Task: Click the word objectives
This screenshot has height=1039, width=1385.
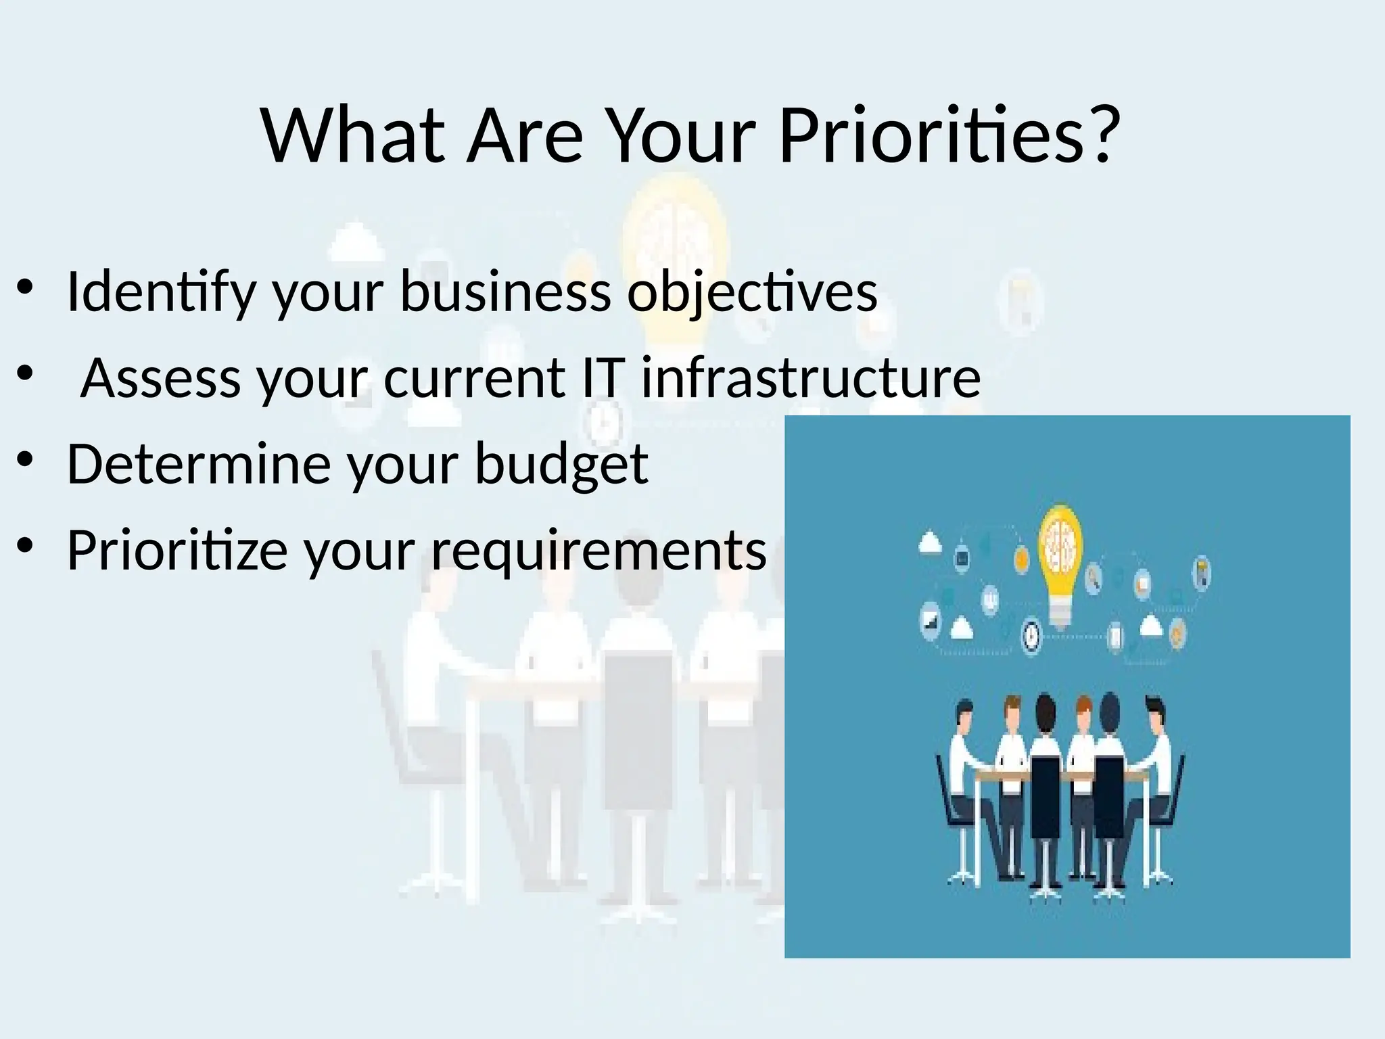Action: [x=752, y=292]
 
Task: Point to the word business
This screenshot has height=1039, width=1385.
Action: [x=506, y=292]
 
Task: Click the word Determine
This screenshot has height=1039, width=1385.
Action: [x=197, y=464]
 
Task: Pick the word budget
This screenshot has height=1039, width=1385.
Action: [x=561, y=465]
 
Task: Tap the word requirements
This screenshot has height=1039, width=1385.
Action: [x=599, y=551]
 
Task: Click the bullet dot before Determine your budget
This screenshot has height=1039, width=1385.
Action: [x=25, y=461]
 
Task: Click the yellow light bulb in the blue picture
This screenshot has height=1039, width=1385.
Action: [x=1060, y=559]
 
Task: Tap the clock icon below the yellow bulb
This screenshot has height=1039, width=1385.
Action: [x=1031, y=636]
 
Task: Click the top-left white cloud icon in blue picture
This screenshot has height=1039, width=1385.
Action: [x=931, y=542]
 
